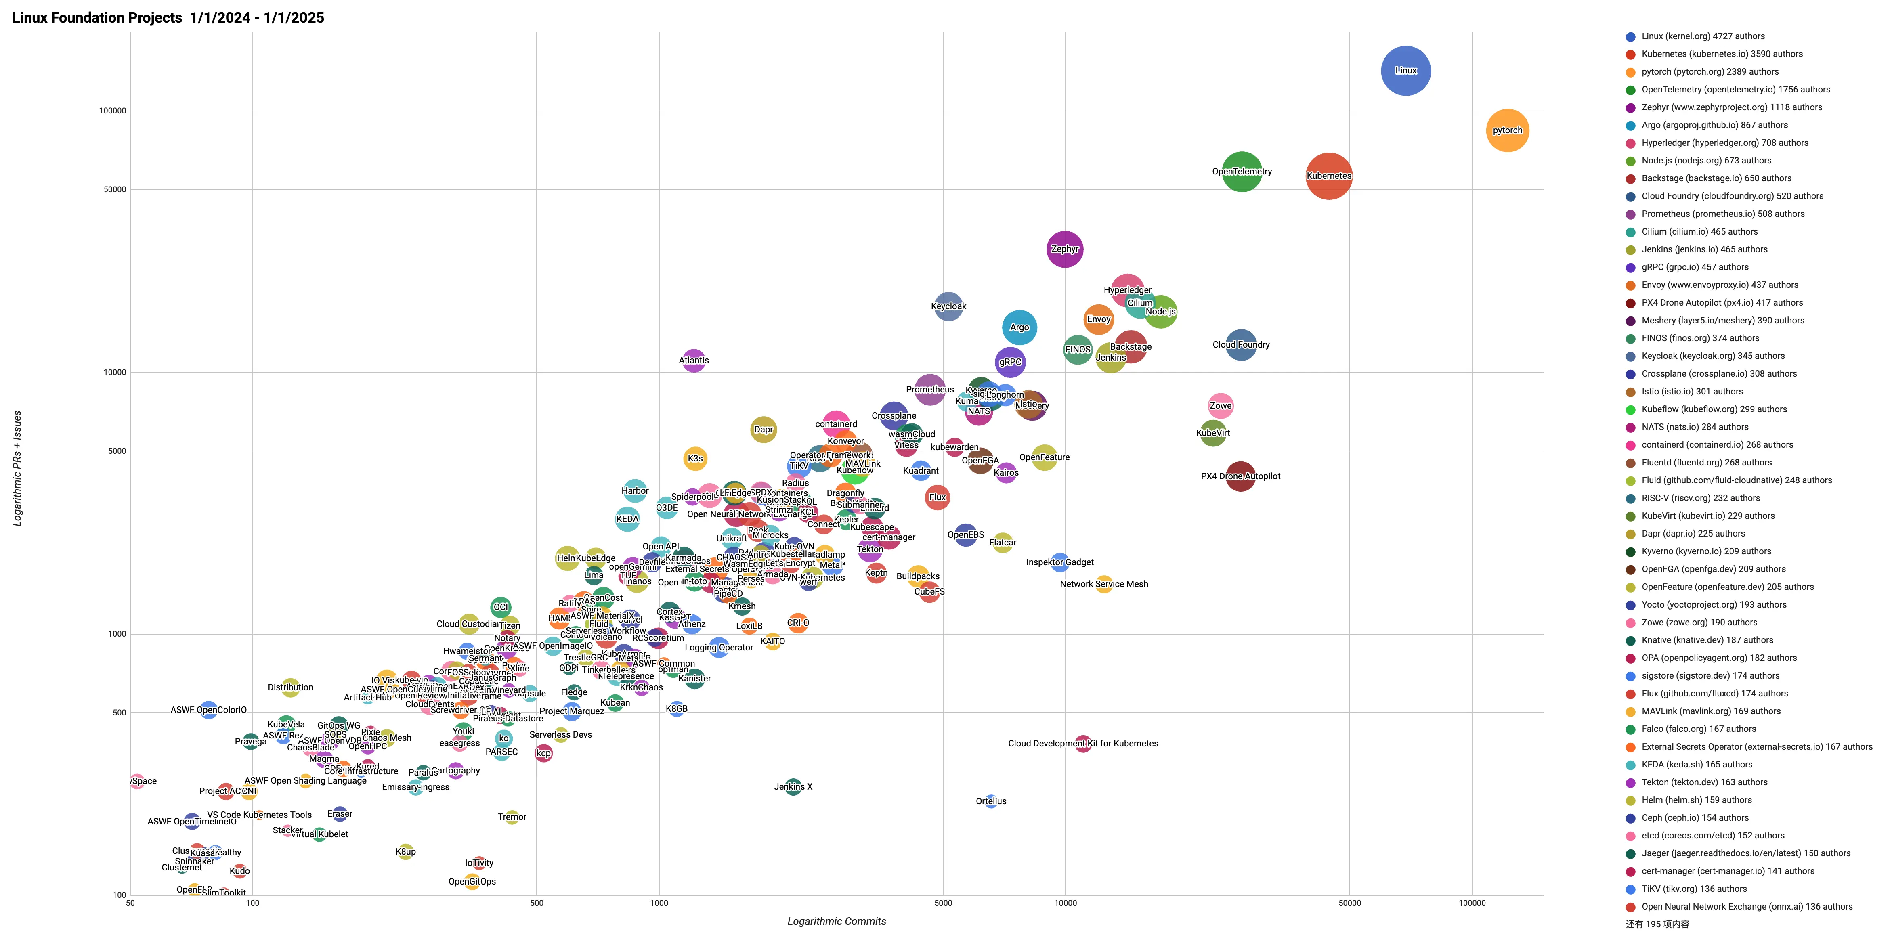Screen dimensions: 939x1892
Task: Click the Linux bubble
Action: pyautogui.click(x=1405, y=71)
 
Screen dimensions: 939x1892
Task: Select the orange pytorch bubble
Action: pyautogui.click(x=1506, y=131)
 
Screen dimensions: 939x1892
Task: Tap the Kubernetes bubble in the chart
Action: pyautogui.click(x=1328, y=176)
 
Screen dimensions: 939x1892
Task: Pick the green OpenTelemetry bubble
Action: pyautogui.click(x=1241, y=172)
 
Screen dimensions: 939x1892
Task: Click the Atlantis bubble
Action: pyautogui.click(x=693, y=360)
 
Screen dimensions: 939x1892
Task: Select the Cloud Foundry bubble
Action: pyautogui.click(x=1240, y=344)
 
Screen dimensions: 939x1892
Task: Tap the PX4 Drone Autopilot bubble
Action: pyautogui.click(x=1240, y=476)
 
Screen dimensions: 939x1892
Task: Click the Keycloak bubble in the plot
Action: pyautogui.click(x=948, y=306)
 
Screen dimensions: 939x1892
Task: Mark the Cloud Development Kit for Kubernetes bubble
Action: pyautogui.click(x=1082, y=744)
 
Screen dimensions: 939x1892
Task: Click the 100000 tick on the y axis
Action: pyautogui.click(x=112, y=111)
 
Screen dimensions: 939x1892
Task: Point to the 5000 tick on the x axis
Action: pyautogui.click(x=943, y=903)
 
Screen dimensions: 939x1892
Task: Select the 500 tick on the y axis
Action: pyautogui.click(x=117, y=712)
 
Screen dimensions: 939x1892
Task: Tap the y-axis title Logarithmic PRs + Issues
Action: pyautogui.click(x=17, y=467)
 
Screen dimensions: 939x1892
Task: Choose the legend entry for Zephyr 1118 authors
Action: pyautogui.click(x=1731, y=107)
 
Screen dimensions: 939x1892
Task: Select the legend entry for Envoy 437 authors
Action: pyautogui.click(x=1720, y=285)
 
